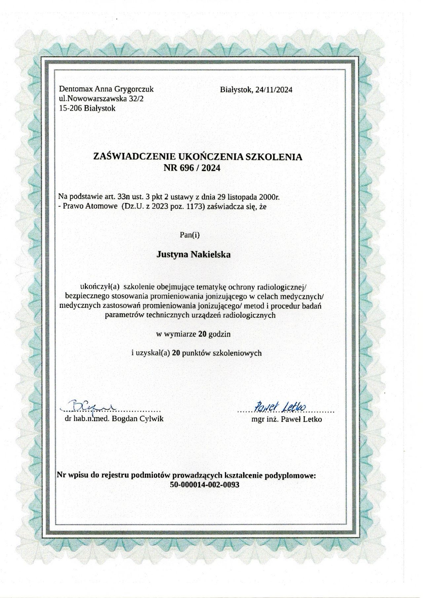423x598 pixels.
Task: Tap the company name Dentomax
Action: (76, 89)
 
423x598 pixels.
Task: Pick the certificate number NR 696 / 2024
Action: (191, 168)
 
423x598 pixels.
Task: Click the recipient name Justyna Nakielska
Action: (193, 255)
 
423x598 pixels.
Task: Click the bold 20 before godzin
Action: (203, 334)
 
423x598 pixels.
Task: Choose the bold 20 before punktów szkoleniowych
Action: (176, 353)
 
